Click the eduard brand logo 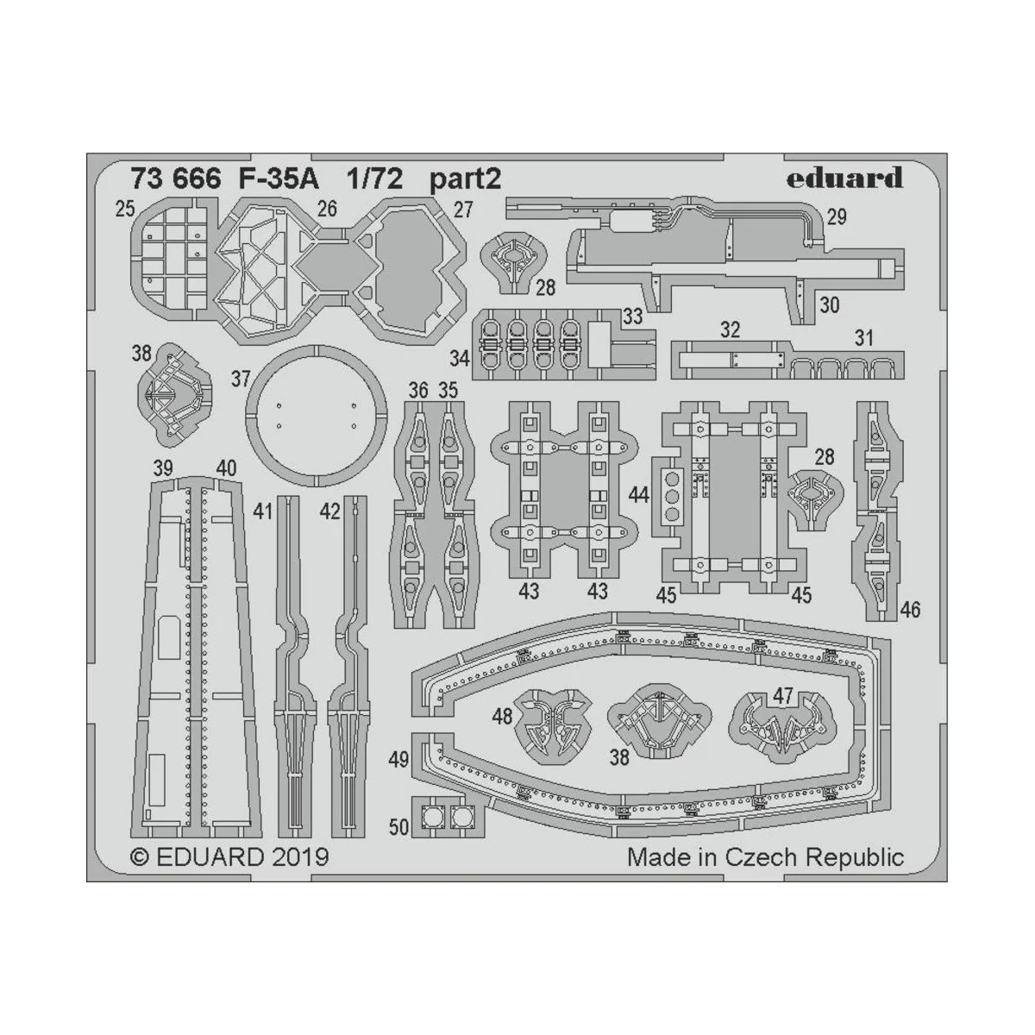[844, 178]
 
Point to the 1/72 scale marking [375, 179]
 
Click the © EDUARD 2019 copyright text [229, 857]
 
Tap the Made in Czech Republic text [765, 857]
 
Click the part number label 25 [125, 209]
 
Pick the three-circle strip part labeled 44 [670, 495]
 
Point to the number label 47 [783, 696]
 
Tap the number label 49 [398, 760]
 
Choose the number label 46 [910, 610]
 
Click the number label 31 [864, 339]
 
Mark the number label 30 [829, 304]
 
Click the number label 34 [460, 357]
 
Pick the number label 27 [463, 210]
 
